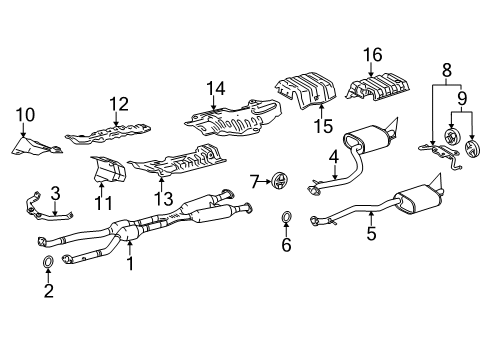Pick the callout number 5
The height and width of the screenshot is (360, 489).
[371, 235]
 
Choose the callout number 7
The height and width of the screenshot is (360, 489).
[255, 181]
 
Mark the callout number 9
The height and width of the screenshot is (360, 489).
[461, 100]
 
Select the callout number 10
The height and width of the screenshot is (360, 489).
[24, 114]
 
